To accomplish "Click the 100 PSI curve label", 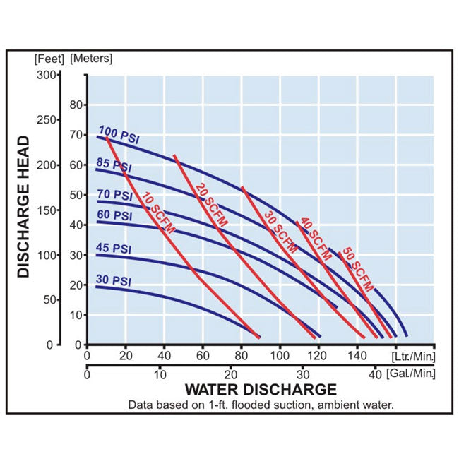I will [x=119, y=134].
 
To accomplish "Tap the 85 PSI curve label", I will [x=114, y=165].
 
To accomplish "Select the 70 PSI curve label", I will [x=114, y=195].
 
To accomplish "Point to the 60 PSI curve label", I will [x=114, y=215].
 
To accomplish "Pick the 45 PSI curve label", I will [x=114, y=249].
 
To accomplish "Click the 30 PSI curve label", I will [x=114, y=280].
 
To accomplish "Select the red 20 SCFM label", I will [x=210, y=205].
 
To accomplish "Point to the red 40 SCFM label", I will [x=315, y=240].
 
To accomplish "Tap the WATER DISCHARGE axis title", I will [x=261, y=389].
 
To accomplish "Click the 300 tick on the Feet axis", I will [x=47, y=75].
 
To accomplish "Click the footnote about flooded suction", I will [x=261, y=405].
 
